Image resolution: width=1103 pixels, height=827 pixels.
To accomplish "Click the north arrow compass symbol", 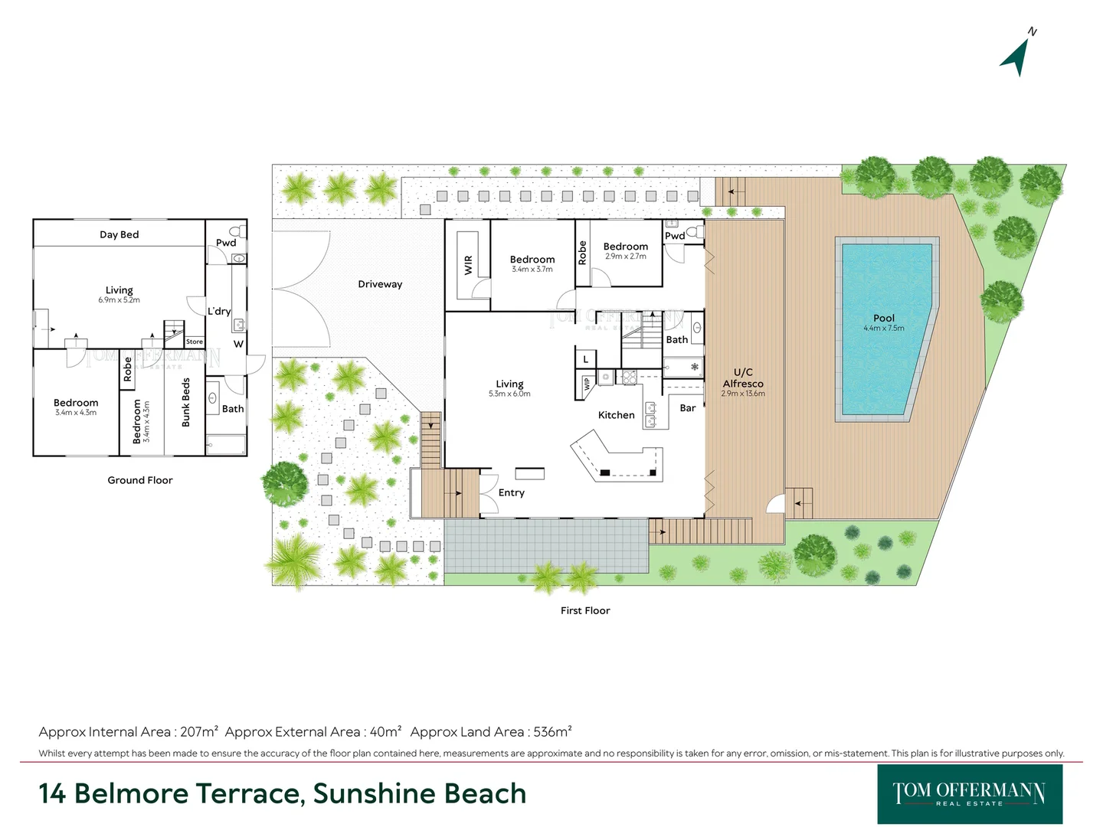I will tap(1017, 55).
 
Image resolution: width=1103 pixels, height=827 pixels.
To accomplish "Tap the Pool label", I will tap(883, 318).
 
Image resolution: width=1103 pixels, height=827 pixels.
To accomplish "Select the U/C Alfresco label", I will tap(742, 378).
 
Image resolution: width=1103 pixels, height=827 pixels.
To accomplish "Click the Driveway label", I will tap(380, 284).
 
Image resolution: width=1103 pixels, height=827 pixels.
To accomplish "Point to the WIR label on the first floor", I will tap(468, 265).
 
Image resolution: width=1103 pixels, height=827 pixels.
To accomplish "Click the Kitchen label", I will tap(616, 415).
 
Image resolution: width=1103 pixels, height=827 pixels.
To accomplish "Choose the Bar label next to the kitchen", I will tap(688, 408).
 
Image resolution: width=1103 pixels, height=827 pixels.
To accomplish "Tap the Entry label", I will tap(511, 492).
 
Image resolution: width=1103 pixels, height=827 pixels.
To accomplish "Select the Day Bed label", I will tap(119, 234).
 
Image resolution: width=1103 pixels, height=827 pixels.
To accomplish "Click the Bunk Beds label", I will tap(185, 403).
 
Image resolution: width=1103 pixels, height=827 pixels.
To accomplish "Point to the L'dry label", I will tap(219, 311).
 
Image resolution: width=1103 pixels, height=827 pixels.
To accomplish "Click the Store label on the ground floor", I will tap(195, 342).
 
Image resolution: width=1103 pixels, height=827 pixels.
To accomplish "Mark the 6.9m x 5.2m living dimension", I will tap(119, 300).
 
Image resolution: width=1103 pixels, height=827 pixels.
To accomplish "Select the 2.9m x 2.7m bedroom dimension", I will tap(625, 257).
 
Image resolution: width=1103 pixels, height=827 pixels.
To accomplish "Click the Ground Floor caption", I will tap(139, 480).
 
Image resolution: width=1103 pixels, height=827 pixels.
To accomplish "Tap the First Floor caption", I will tap(585, 610).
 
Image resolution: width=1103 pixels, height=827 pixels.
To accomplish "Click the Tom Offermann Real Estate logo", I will tap(969, 793).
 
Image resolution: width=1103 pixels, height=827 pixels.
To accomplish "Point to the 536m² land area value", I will tap(551, 732).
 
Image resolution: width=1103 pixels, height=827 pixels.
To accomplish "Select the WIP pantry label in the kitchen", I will tap(587, 384).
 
